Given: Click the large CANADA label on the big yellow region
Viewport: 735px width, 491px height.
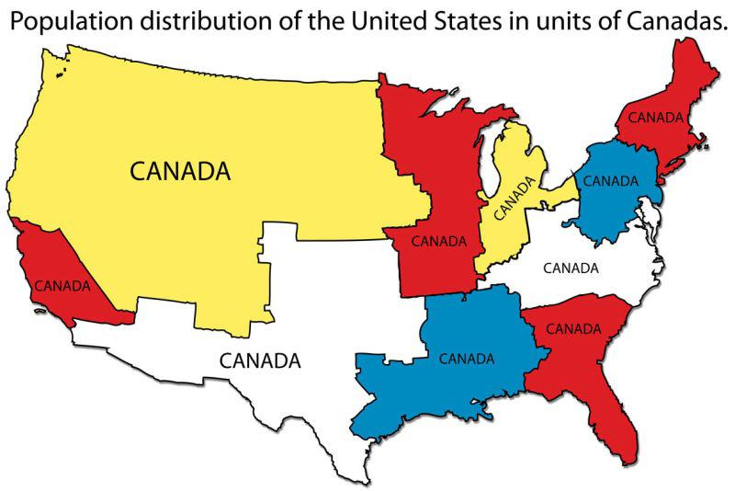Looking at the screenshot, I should tap(178, 172).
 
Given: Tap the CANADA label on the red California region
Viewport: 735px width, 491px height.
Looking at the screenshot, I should tap(62, 286).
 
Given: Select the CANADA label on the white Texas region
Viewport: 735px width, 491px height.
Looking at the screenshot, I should tap(259, 360).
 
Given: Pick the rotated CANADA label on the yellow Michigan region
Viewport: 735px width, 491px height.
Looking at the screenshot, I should tap(514, 199).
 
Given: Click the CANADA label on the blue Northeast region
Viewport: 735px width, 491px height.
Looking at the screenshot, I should tap(610, 180).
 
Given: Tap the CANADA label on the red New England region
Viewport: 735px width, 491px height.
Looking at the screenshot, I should tap(655, 118).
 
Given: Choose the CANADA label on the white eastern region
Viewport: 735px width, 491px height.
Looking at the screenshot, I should tap(571, 268).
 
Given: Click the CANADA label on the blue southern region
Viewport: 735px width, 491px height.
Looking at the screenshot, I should tap(467, 359).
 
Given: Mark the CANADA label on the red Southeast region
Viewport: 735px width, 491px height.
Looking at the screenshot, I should tap(573, 328).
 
